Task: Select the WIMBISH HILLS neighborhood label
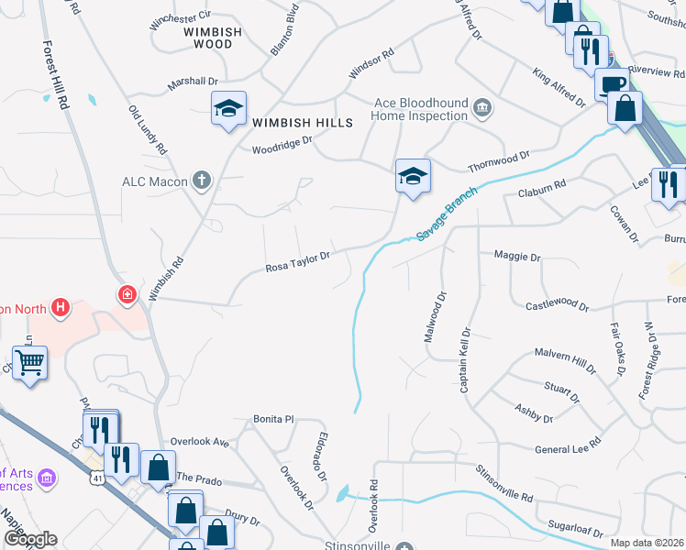(x=290, y=123)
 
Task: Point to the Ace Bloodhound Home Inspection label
(x=419, y=110)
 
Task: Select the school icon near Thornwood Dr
(x=413, y=175)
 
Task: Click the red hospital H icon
(x=61, y=306)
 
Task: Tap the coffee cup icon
(x=614, y=84)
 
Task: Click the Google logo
(x=29, y=539)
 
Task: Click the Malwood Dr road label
(x=434, y=317)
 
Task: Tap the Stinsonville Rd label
(x=503, y=482)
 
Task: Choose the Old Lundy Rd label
(x=148, y=128)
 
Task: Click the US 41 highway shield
(x=97, y=477)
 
